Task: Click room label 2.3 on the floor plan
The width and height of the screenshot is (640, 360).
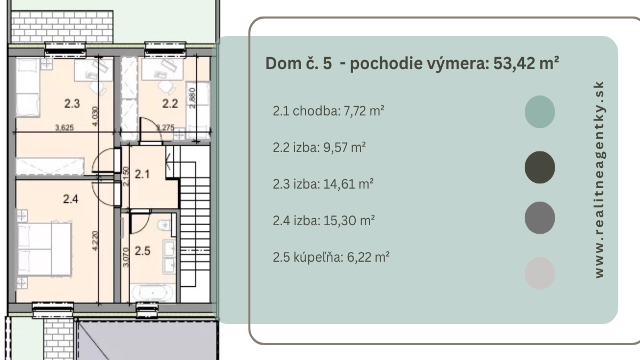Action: click(72, 104)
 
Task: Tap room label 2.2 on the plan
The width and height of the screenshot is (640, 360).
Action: click(170, 104)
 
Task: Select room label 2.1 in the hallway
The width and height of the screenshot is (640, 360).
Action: click(142, 174)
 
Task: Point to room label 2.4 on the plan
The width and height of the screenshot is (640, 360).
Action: click(71, 199)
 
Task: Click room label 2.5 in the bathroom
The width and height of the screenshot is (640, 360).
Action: click(142, 251)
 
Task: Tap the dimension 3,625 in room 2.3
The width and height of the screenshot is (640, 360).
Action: click(64, 127)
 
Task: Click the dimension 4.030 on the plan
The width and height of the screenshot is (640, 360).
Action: click(95, 116)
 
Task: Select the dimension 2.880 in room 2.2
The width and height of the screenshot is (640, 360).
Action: click(192, 98)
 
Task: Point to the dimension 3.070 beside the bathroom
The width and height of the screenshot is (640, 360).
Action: click(126, 257)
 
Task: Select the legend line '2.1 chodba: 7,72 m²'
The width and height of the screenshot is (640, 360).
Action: click(328, 111)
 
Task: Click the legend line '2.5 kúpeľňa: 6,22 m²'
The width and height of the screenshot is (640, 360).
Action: click(331, 257)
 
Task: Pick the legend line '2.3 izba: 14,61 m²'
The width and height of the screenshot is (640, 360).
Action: click(323, 184)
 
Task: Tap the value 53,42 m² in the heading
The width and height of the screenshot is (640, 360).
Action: click(526, 63)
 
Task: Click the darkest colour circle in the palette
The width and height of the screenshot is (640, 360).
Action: click(540, 167)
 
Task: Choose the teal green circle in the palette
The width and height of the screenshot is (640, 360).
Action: click(540, 112)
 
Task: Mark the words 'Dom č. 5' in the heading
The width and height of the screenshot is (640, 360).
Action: click(298, 63)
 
